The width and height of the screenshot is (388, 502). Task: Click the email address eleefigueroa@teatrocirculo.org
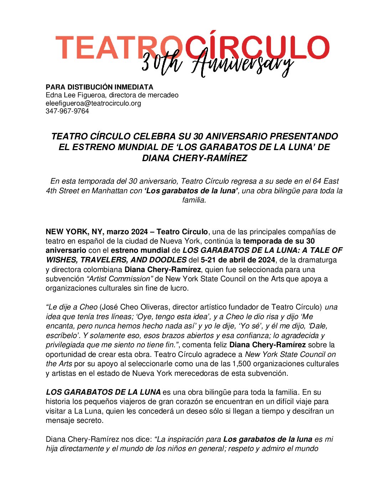93,103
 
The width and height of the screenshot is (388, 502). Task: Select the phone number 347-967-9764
67,111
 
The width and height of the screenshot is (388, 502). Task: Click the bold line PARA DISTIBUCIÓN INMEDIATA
99,87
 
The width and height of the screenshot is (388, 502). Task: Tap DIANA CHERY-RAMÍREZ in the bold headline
194,158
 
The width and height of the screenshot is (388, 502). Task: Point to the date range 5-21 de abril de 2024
238,260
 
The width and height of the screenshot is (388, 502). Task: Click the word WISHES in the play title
62,260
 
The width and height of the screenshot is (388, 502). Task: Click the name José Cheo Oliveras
135,307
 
